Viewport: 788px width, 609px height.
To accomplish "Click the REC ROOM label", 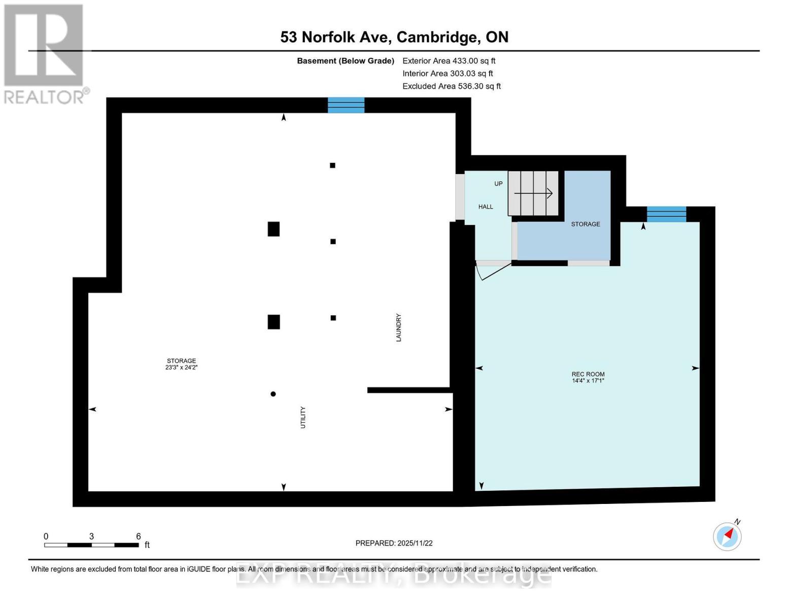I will click(588, 374).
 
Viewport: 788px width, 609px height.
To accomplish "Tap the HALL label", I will click(486, 207).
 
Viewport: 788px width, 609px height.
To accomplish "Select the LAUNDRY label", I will click(399, 327).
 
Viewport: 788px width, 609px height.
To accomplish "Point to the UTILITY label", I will click(303, 417).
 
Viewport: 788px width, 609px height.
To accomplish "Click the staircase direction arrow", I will click(533, 193).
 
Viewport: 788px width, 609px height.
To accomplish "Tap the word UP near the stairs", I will click(498, 184).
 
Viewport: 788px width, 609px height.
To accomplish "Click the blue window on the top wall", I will click(346, 105).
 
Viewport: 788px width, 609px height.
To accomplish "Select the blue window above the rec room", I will click(666, 214).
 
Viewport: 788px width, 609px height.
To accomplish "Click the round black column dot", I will click(273, 394).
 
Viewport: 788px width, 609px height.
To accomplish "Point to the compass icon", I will click(727, 536).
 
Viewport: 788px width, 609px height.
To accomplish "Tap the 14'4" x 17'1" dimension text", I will click(588, 381).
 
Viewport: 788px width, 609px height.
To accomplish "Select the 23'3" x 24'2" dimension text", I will click(181, 367).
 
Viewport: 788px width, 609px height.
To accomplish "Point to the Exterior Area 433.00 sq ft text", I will click(449, 61).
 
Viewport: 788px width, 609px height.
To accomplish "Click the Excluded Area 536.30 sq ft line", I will click(452, 86).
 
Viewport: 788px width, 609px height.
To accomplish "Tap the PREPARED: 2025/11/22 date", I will click(394, 543).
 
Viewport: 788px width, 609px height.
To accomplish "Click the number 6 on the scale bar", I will click(138, 536).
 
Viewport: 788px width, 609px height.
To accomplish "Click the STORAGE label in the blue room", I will click(586, 224).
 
